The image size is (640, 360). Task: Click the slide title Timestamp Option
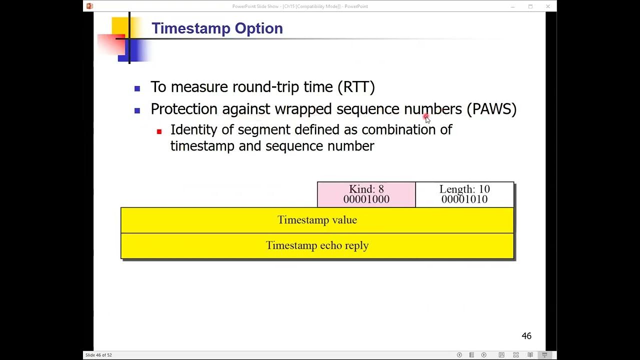click(217, 28)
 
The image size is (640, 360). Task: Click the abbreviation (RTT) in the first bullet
click(356, 87)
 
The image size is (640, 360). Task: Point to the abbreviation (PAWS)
click(491, 109)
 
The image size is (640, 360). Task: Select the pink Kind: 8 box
click(366, 194)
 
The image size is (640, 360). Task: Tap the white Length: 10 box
click(464, 194)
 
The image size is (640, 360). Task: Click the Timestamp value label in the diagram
click(317, 220)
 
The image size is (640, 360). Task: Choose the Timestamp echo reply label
click(317, 245)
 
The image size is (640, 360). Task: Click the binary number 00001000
click(366, 199)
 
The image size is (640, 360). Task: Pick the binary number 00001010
click(464, 199)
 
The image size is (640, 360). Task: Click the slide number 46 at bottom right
click(526, 336)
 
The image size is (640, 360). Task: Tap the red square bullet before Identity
click(159, 131)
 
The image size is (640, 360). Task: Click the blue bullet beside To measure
click(137, 89)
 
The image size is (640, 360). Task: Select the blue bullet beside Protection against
click(137, 111)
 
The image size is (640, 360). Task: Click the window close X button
click(548, 6)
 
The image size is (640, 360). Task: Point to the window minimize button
click(512, 6)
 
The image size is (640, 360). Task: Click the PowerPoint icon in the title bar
click(89, 6)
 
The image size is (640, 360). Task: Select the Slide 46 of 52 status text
click(98, 355)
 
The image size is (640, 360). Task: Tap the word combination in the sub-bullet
click(398, 129)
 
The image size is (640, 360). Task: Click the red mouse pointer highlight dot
click(426, 116)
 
